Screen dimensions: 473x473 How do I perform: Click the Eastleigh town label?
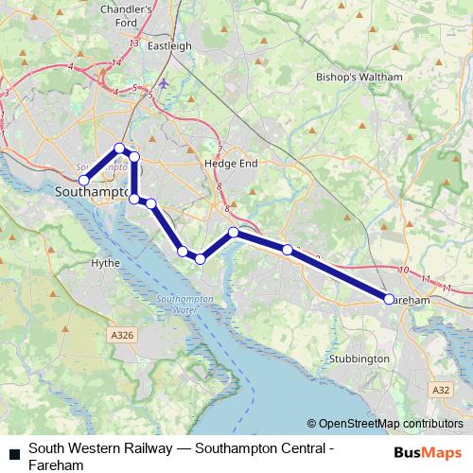[x=170, y=44]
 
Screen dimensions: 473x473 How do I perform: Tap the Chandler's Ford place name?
[x=152, y=15]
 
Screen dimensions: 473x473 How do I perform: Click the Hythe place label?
[x=105, y=263]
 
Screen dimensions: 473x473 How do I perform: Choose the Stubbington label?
[x=359, y=359]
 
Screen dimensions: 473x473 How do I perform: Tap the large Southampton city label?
[x=92, y=192]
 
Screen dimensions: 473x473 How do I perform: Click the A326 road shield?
[x=123, y=335]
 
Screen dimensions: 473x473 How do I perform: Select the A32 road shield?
[x=441, y=390]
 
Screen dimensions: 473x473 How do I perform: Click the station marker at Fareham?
[x=389, y=299]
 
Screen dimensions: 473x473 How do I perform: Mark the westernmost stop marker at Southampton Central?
[x=83, y=180]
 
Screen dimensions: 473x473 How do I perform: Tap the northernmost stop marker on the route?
[x=119, y=148]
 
